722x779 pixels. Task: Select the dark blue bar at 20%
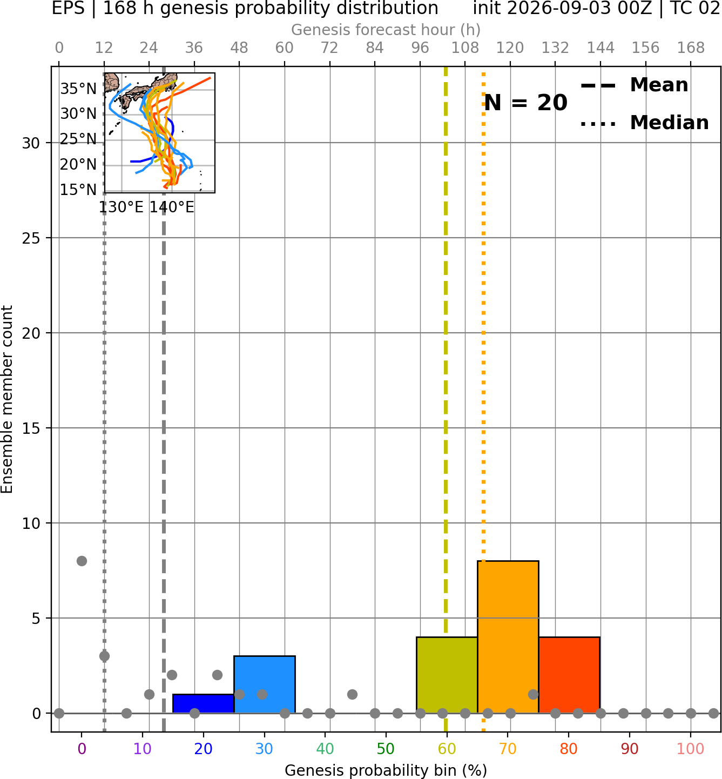pos(204,703)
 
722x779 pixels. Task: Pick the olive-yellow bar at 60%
pos(447,675)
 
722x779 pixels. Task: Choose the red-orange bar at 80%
pos(569,675)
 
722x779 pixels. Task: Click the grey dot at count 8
pos(82,561)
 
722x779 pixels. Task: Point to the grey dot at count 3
pos(104,656)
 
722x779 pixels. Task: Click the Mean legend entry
pos(634,85)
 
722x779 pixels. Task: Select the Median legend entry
pos(644,123)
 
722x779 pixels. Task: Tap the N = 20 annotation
pos(525,103)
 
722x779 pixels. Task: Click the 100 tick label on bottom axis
pos(690,749)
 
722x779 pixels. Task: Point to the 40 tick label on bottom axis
pos(325,749)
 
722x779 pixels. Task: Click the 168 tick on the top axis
pos(691,48)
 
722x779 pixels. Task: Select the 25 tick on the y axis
pos(31,238)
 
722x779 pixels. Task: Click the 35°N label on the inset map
pos(78,89)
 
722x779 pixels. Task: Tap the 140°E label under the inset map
pos(172,207)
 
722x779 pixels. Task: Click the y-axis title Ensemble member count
pos(7,399)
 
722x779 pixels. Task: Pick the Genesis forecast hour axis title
pos(386,30)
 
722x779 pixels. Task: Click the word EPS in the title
pos(68,8)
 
